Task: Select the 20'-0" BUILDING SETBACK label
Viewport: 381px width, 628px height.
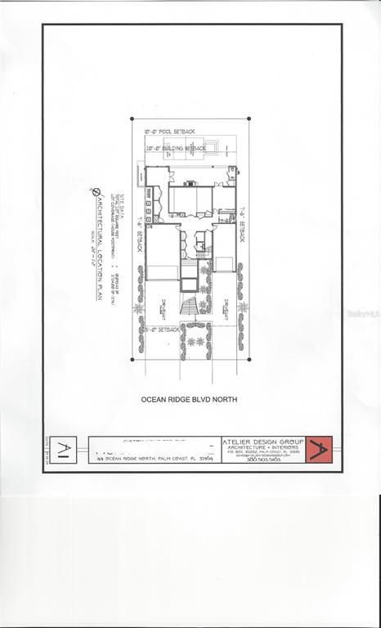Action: [176, 148]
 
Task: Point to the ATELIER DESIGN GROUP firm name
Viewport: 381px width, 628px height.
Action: [262, 442]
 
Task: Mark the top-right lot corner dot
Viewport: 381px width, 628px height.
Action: [249, 119]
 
